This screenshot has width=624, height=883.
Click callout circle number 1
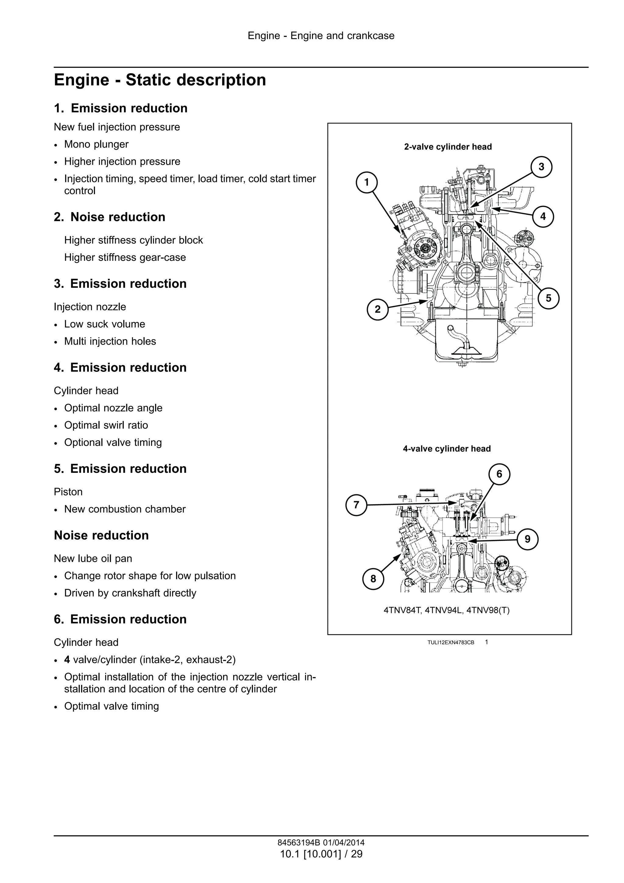[367, 182]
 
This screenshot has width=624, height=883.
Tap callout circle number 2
[378, 309]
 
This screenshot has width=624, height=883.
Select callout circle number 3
[541, 167]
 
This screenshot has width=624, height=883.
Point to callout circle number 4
[543, 216]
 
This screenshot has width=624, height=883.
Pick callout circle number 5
[548, 298]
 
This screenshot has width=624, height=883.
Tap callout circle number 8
[373, 579]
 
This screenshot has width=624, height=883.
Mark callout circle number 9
[527, 539]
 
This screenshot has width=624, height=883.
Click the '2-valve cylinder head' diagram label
[448, 147]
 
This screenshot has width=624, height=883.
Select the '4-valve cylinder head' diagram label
[447, 449]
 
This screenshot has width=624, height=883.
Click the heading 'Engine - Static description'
[160, 80]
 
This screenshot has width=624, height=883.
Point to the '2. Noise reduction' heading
[110, 217]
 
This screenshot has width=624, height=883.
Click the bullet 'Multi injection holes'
[110, 341]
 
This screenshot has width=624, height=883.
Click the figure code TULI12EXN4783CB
[451, 643]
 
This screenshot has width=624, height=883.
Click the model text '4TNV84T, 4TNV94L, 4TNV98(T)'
[446, 610]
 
